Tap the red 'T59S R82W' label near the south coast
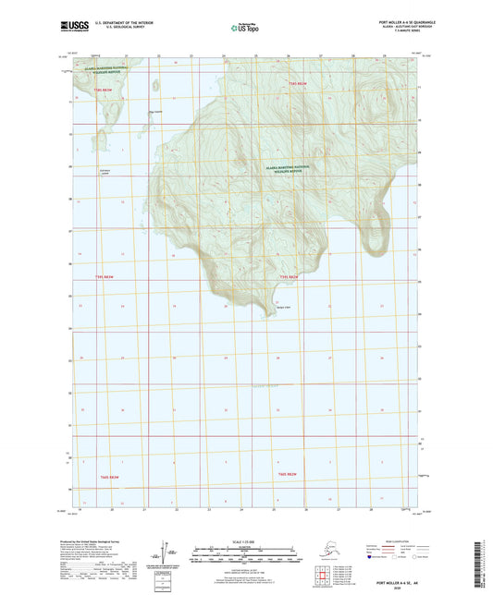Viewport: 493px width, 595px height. point(288,276)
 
